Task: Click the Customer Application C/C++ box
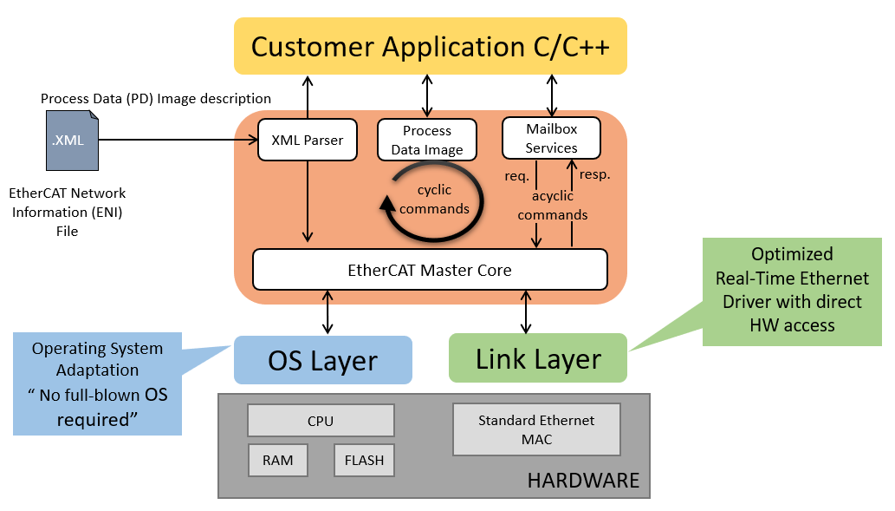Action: pos(430,46)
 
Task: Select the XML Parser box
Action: pos(308,140)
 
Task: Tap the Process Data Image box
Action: pos(427,140)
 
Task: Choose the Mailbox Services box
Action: pos(551,138)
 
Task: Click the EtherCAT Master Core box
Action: pos(430,270)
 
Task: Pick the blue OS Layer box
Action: pos(322,360)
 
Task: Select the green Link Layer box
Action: pos(537,358)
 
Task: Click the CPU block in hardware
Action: pos(321,421)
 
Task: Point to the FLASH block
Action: pos(364,460)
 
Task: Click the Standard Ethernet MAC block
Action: pos(536,429)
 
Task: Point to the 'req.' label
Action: pos(518,176)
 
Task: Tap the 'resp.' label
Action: pos(594,174)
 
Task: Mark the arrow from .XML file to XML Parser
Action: pos(178,140)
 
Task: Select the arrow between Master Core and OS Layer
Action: pos(328,312)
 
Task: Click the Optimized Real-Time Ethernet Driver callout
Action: pos(792,290)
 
